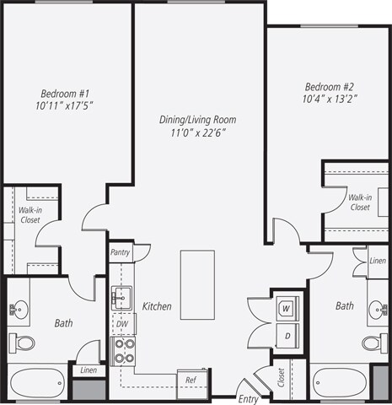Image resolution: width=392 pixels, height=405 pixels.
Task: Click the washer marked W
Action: (x=287, y=309)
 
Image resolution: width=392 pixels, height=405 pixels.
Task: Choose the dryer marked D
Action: (x=287, y=336)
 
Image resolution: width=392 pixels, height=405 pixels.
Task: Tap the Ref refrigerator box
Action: (x=191, y=381)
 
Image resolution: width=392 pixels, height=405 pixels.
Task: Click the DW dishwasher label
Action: (x=122, y=323)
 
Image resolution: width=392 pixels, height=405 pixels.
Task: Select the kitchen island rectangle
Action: (x=198, y=285)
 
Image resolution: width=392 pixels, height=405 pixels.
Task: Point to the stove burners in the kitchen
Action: (x=123, y=350)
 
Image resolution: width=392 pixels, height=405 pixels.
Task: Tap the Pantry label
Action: (x=121, y=251)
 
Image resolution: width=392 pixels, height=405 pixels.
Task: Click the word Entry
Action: (x=249, y=398)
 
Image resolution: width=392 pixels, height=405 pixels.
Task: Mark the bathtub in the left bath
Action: (x=37, y=384)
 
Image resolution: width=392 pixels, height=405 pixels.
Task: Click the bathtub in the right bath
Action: (x=341, y=384)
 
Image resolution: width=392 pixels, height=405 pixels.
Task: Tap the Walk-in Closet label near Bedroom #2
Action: (x=360, y=202)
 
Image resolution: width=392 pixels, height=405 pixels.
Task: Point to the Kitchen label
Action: (x=158, y=306)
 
